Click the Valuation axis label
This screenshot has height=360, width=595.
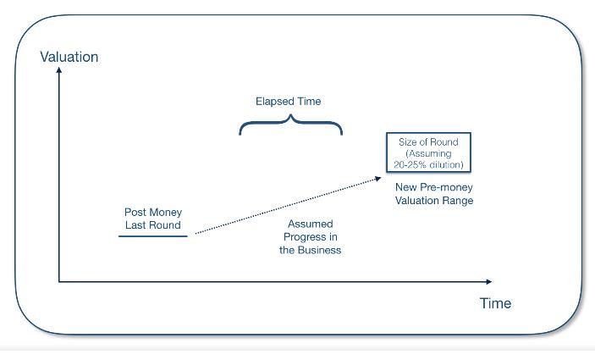tap(69, 57)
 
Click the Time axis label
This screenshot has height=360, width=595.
tap(495, 303)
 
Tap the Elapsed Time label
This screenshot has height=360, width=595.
tap(289, 101)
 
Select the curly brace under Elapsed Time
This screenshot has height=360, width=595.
tap(290, 127)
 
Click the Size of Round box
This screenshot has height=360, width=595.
tap(428, 152)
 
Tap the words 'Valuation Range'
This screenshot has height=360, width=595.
tap(434, 201)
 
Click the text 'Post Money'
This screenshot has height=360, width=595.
tap(153, 212)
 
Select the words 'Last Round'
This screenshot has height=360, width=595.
tap(153, 224)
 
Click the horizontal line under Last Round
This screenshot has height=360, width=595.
tap(153, 236)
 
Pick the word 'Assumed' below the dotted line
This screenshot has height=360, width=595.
tap(310, 224)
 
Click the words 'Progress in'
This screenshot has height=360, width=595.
tap(310, 237)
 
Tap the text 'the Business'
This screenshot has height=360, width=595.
tap(310, 251)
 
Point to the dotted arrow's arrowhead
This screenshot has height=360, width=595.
tap(378, 178)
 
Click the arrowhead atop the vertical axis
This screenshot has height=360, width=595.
tap(59, 71)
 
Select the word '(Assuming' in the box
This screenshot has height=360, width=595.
tap(428, 153)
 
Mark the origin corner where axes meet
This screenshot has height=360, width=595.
tap(59, 280)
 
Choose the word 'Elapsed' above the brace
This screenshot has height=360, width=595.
tap(274, 101)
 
